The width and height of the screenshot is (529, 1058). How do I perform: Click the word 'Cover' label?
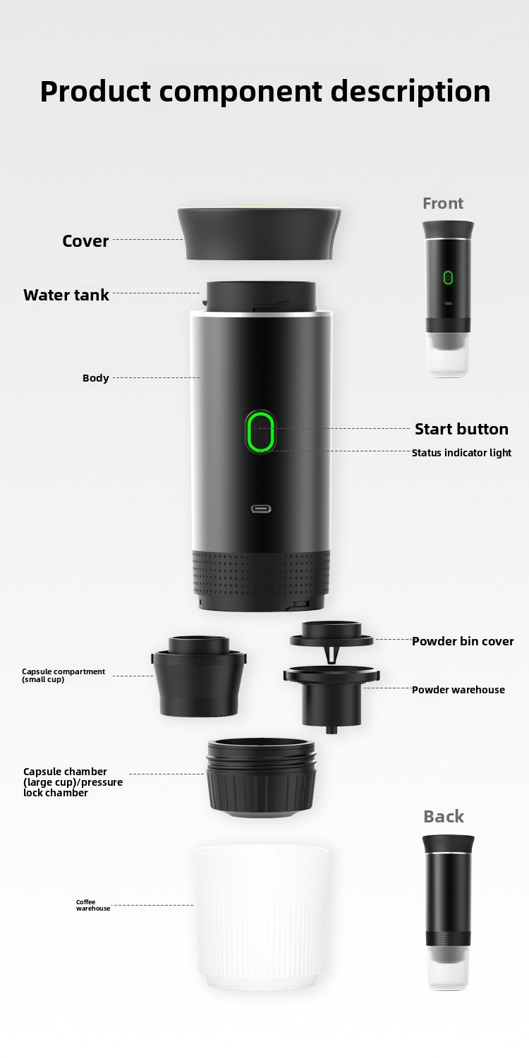pos(85,241)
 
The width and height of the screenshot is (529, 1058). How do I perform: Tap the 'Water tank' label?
pos(66,295)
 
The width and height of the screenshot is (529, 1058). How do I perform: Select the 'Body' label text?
pos(95,378)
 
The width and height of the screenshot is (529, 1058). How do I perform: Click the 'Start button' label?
pos(461,429)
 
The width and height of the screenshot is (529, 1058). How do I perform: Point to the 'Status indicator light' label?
pos(461,453)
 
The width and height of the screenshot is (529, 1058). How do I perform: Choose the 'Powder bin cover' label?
pos(463,641)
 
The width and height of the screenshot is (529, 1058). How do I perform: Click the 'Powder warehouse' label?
pos(458,690)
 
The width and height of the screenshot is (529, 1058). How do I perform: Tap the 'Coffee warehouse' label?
pos(93,905)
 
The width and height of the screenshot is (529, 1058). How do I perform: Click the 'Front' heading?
pos(443,203)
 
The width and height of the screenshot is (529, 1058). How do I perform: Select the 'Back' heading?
pos(444,816)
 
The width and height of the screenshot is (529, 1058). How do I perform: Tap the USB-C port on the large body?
pos(261,509)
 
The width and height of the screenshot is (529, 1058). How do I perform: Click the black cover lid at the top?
pos(260,233)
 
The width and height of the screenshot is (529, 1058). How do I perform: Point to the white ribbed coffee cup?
pos(260,917)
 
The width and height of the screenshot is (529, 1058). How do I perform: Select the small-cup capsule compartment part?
pos(199,676)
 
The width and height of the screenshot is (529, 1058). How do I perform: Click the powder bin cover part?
pos(331,639)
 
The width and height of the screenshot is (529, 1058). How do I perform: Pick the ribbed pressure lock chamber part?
pos(261,778)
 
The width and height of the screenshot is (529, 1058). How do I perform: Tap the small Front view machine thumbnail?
pos(448,298)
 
